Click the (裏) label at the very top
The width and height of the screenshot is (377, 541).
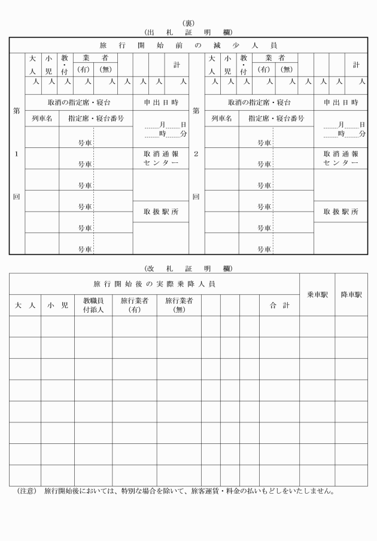[188, 23]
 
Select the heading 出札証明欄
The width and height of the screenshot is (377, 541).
[188, 32]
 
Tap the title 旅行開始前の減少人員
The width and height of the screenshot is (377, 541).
[188, 46]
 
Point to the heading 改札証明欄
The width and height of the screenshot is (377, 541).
[188, 268]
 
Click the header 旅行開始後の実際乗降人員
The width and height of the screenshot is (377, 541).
[154, 283]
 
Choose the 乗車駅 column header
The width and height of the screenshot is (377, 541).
[317, 295]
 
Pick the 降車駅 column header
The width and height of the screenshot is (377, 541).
[351, 295]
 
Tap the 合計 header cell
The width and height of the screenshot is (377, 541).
[279, 306]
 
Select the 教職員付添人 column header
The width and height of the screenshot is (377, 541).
[93, 306]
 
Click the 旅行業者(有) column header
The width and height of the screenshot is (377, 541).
[135, 306]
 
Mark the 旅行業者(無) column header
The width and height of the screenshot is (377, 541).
[179, 306]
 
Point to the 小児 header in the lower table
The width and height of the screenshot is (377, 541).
[57, 306]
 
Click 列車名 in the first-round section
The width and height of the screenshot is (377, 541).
[42, 119]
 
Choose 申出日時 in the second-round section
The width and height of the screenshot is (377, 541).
[340, 102]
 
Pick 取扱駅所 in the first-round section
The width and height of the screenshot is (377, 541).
[160, 212]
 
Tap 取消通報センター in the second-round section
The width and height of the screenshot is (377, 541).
[340, 158]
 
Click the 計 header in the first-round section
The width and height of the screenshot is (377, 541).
[177, 65]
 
